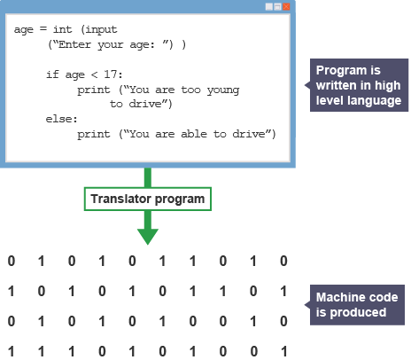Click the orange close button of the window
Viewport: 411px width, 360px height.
click(x=286, y=6)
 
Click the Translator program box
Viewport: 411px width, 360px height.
click(x=148, y=199)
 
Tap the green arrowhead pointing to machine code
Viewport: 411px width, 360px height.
click(x=148, y=237)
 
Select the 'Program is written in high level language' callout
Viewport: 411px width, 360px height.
click(x=359, y=85)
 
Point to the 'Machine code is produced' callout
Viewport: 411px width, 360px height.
click(x=356, y=305)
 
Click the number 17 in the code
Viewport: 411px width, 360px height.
click(x=111, y=74)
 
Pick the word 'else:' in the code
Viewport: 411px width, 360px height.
click(x=61, y=119)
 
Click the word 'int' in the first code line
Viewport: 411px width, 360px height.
click(x=62, y=29)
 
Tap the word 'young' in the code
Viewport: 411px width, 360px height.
click(x=223, y=90)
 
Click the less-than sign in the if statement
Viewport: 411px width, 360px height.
click(x=94, y=74)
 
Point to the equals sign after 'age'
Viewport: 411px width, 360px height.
click(x=43, y=29)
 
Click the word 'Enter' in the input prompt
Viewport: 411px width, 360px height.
click(x=74, y=44)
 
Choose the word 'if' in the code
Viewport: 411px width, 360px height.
click(x=52, y=74)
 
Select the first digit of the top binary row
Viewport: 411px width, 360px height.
click(x=12, y=261)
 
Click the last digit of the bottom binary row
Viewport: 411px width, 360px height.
click(x=283, y=352)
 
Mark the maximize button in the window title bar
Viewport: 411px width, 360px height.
click(x=277, y=6)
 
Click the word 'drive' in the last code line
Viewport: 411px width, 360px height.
click(x=249, y=134)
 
